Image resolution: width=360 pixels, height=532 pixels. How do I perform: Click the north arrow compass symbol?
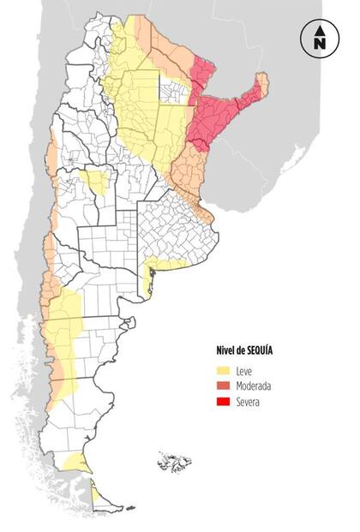pos(319,39)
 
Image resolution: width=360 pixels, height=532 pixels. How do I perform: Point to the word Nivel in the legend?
pos(226,351)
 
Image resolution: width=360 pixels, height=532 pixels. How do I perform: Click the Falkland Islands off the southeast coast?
pos(174,463)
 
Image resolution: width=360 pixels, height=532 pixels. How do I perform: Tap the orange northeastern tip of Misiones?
pos(262,84)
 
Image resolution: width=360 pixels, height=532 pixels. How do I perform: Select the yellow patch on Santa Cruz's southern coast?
pos(76,463)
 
